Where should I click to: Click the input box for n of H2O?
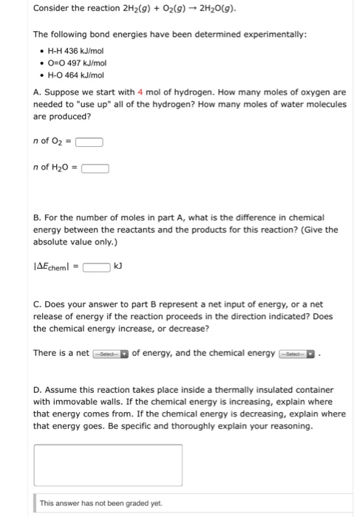pyautogui.click(x=95, y=168)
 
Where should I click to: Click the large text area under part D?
pyautogui.click(x=108, y=465)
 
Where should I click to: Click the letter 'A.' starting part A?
pyautogui.click(x=37, y=92)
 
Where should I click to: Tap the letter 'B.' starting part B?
pyautogui.click(x=37, y=218)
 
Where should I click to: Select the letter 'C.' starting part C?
pyautogui.click(x=37, y=304)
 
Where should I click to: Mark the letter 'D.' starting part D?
pyautogui.click(x=38, y=389)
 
